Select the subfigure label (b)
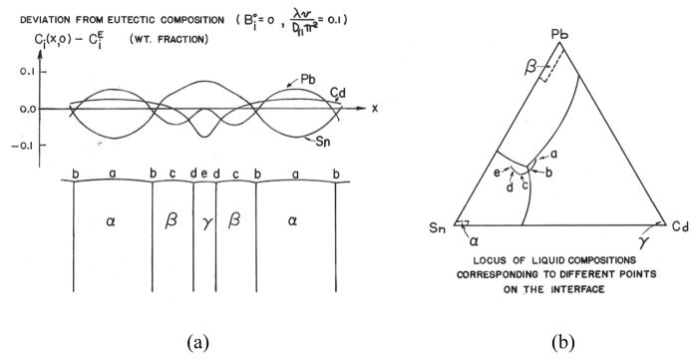coord(560,343)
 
